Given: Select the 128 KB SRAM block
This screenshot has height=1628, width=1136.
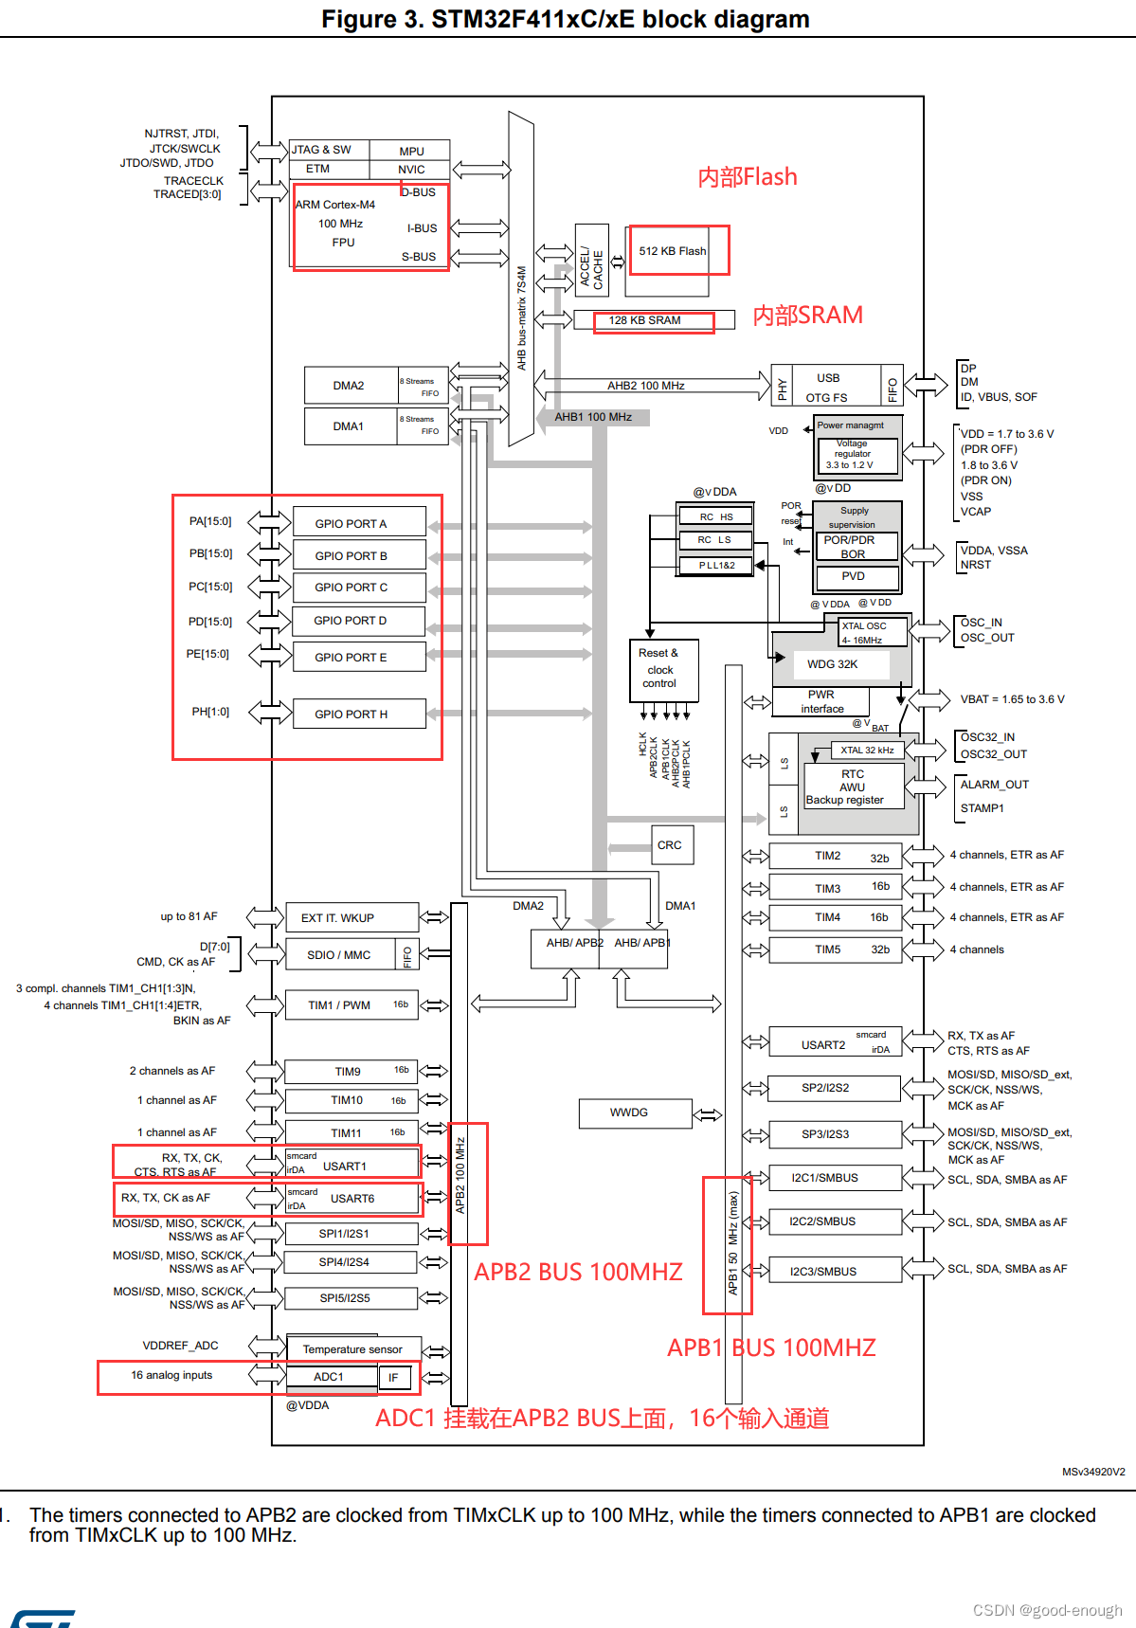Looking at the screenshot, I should point(644,320).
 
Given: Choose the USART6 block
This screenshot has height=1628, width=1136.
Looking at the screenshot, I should point(352,1199).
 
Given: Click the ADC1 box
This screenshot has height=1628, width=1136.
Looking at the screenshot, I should point(331,1377).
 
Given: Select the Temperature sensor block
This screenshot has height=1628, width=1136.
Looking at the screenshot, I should point(352,1349).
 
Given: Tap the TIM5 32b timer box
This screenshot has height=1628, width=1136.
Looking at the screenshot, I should point(835,950).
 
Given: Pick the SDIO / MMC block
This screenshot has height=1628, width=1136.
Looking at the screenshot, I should point(339,955).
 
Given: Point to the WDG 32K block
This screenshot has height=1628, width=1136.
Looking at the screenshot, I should point(832,664).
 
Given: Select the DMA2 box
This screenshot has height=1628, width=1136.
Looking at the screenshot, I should point(350,386).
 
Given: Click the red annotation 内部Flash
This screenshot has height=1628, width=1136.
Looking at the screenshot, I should point(748,177).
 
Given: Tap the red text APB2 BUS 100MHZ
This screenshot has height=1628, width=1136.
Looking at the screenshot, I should point(578,1272).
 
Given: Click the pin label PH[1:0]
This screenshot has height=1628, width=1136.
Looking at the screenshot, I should point(210,712).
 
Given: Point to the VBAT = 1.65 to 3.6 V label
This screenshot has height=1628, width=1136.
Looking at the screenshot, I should point(1012,699).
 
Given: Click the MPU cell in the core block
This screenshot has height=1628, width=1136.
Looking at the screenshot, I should point(411,152).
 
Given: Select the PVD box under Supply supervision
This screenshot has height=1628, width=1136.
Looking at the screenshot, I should point(853,576).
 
